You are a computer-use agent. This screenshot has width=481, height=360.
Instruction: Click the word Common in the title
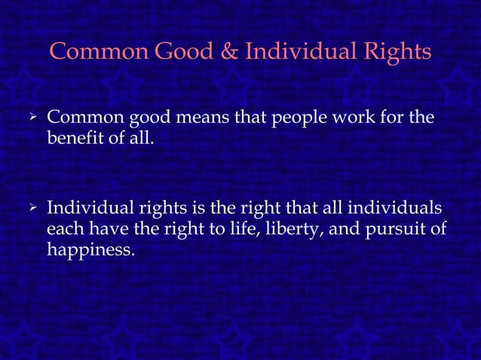100,53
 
